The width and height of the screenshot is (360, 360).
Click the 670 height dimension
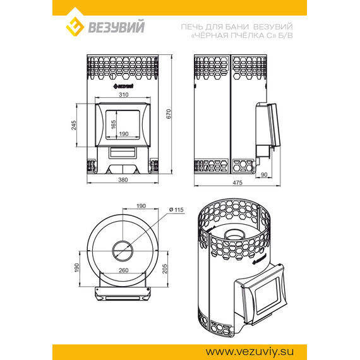169,114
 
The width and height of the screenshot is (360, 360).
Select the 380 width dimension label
123,180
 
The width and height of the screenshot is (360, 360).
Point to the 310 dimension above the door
124,95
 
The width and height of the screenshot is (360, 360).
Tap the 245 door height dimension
73,125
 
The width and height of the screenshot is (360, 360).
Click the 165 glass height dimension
114,124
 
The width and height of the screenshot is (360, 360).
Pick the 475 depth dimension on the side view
237,183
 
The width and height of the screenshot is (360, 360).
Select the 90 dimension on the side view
264,175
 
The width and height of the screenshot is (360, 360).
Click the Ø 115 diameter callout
176,210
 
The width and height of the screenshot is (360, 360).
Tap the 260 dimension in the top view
124,270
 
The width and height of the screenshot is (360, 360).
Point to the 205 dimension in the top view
165,268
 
